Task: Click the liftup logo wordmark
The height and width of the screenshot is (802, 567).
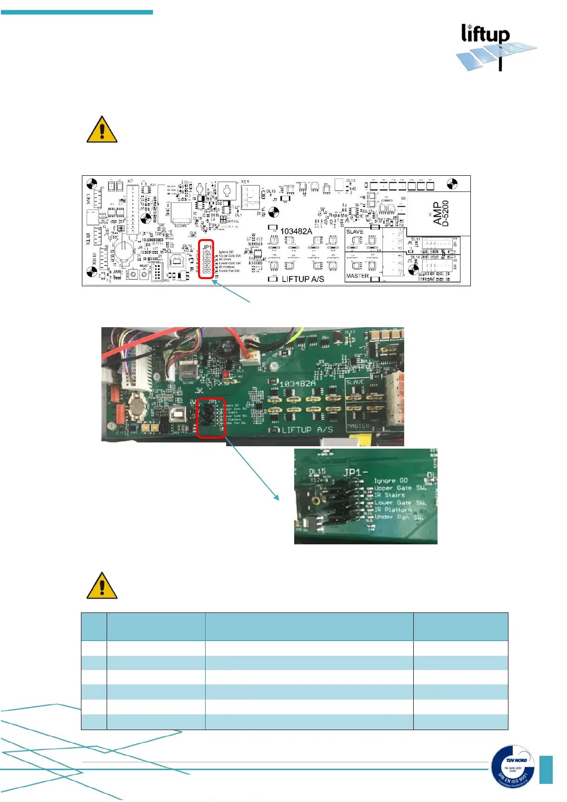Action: [485, 34]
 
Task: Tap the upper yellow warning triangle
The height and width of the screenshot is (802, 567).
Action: [102, 130]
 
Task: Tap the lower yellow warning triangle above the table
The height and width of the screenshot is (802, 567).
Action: [102, 586]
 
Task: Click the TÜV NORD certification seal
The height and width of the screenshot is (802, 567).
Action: [513, 766]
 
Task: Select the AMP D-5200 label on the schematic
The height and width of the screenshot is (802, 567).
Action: [441, 213]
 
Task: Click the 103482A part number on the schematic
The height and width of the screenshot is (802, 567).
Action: [296, 231]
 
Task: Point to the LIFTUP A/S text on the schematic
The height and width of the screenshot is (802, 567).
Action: [303, 279]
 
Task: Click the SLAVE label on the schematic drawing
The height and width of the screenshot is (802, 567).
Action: [355, 232]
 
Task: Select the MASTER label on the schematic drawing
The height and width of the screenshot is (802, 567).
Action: [357, 276]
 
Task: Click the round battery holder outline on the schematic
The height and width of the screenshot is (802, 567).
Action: [125, 251]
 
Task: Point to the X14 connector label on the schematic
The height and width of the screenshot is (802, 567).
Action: [245, 181]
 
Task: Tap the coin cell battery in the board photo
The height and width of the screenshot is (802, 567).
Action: [138, 406]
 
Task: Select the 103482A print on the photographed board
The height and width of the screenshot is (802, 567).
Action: [298, 383]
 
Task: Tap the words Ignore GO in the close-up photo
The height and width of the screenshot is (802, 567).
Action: [390, 481]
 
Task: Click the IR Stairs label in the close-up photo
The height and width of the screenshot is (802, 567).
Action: [389, 495]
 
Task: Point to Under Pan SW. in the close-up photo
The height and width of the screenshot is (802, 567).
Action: [398, 517]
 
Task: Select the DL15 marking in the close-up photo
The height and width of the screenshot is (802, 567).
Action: [317, 471]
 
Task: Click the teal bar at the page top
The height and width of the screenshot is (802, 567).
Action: [77, 12]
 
